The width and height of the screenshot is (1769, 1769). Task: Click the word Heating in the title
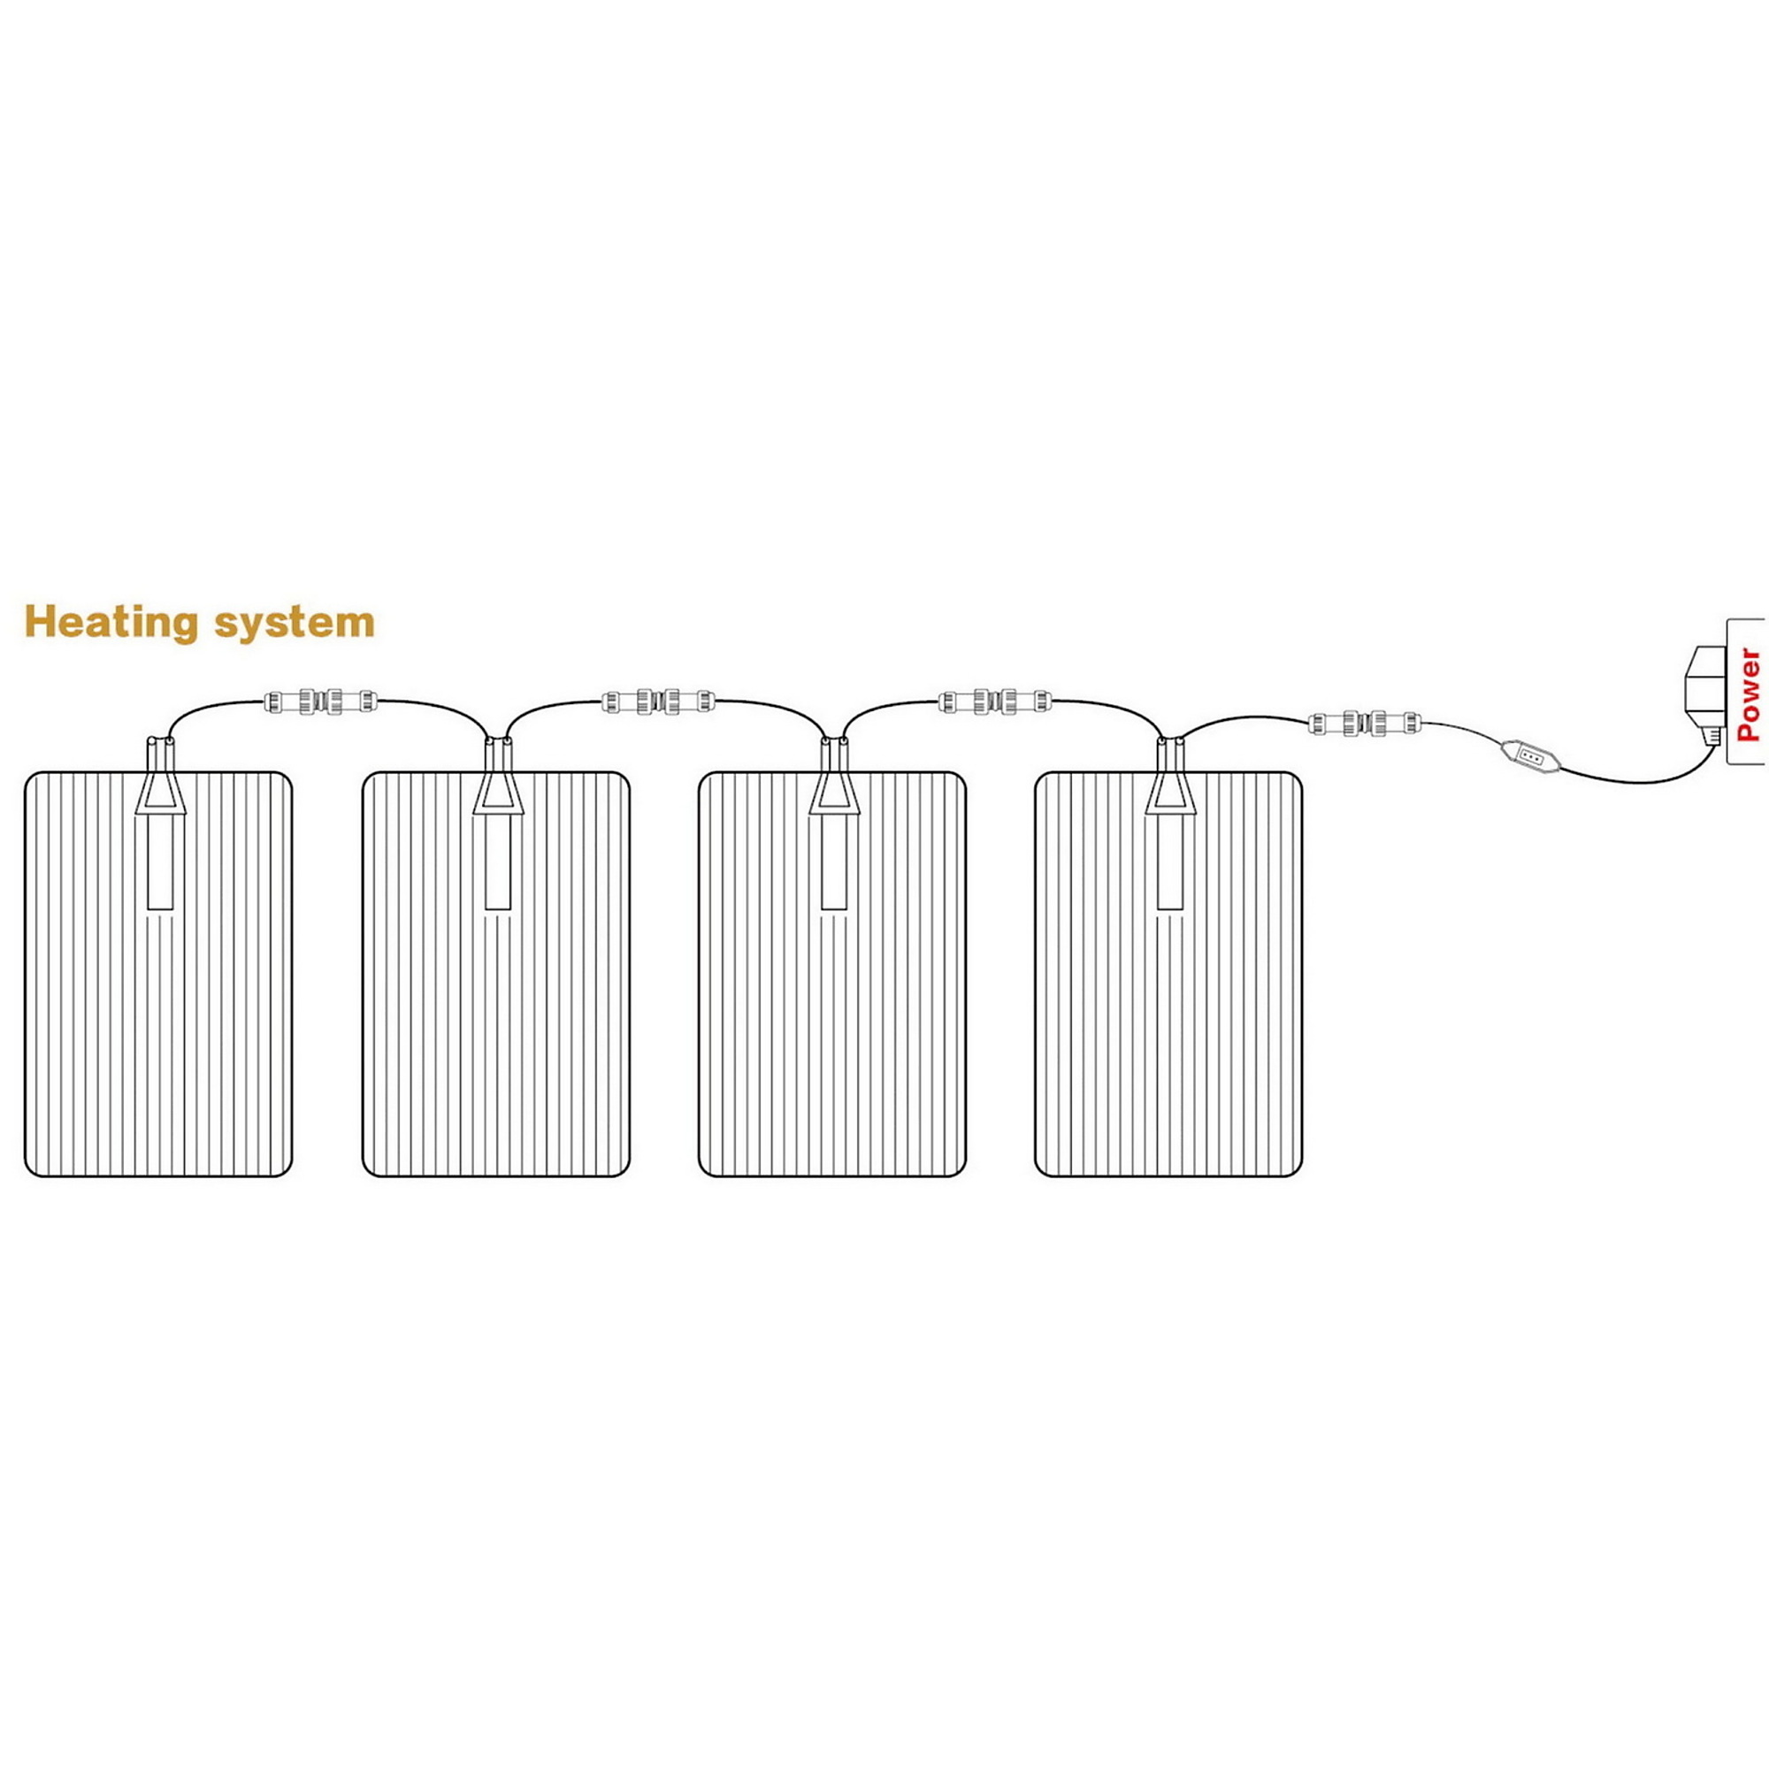[x=111, y=622]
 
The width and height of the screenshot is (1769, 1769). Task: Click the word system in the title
[x=295, y=624]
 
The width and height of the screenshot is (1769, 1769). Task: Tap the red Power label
[x=1747, y=694]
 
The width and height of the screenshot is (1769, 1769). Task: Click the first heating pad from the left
[x=158, y=973]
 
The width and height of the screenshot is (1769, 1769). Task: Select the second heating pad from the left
[x=496, y=973]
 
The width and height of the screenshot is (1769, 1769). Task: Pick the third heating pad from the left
[x=832, y=973]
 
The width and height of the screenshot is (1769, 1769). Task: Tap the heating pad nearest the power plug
[x=1168, y=973]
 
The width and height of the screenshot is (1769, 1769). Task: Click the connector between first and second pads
[x=320, y=701]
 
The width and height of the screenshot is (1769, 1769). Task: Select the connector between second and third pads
[x=658, y=701]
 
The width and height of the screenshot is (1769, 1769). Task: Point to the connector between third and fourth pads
[x=995, y=701]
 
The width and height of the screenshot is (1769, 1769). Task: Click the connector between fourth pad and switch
[x=1364, y=723]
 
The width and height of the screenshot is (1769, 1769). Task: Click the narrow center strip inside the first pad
[x=160, y=862]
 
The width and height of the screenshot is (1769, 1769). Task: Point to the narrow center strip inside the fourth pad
[x=1170, y=862]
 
